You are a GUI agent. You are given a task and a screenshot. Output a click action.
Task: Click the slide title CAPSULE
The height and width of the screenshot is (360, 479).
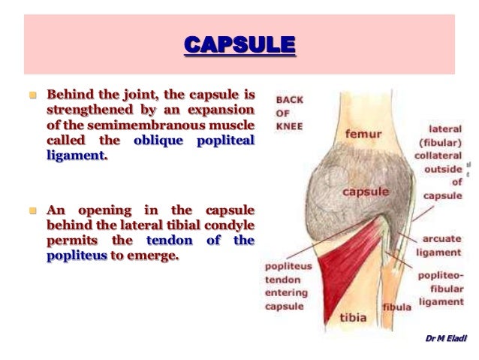[x=239, y=46]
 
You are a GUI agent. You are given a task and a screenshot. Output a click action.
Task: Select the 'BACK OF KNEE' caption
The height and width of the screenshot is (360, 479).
[x=288, y=113]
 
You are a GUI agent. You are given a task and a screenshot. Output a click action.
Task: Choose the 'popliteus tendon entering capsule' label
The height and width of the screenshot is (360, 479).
[x=285, y=286]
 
